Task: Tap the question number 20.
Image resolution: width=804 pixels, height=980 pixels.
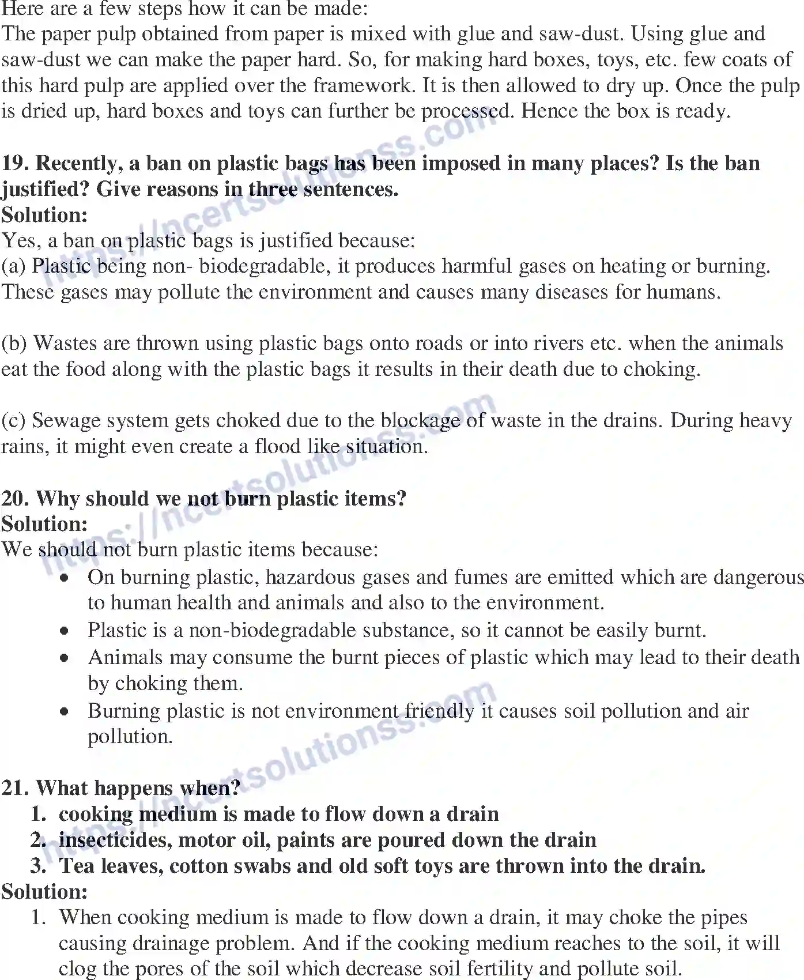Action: tap(16, 498)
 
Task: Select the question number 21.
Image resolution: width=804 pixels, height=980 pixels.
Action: tap(16, 788)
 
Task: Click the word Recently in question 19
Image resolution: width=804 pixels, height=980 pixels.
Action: tap(79, 164)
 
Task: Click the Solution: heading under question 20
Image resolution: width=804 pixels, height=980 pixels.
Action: tap(44, 523)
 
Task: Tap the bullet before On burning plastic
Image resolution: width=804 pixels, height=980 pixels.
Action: tap(66, 578)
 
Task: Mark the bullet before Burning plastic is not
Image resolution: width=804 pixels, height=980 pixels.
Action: tap(66, 711)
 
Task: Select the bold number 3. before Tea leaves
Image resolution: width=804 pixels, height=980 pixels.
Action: tap(39, 866)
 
